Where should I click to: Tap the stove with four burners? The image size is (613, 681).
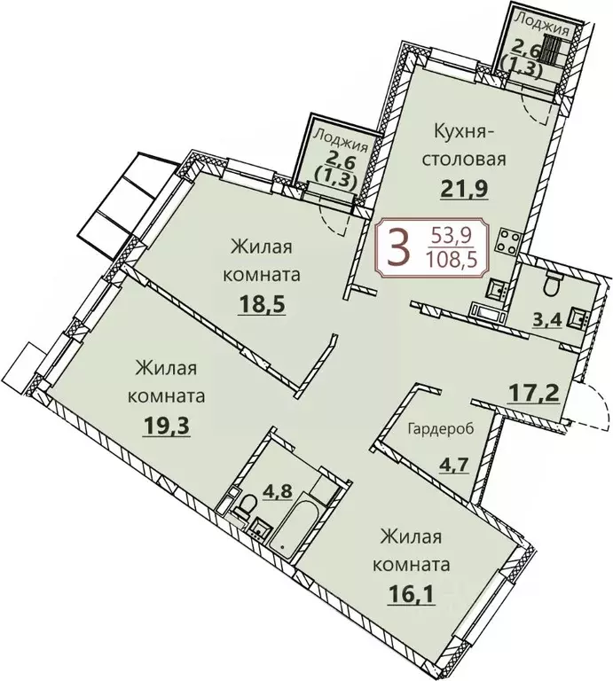click(509, 240)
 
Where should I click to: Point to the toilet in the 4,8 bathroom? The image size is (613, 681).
click(243, 508)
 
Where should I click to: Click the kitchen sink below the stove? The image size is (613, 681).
click(496, 286)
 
